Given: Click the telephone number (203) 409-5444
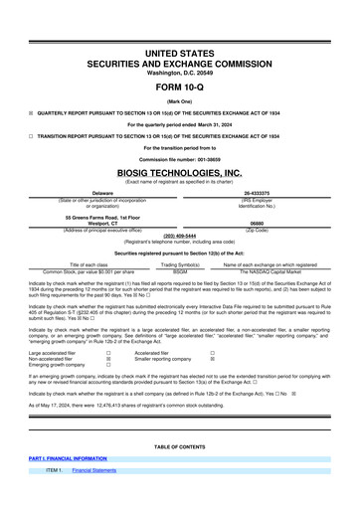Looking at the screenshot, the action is [x=179, y=237].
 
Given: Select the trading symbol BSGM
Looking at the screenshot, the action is [x=180, y=270].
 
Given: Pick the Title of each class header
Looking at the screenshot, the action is [x=89, y=264].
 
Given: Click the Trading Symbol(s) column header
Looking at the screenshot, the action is [x=180, y=264].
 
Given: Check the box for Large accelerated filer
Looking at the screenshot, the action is [x=107, y=353].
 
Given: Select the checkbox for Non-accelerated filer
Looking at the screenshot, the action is [x=107, y=359].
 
